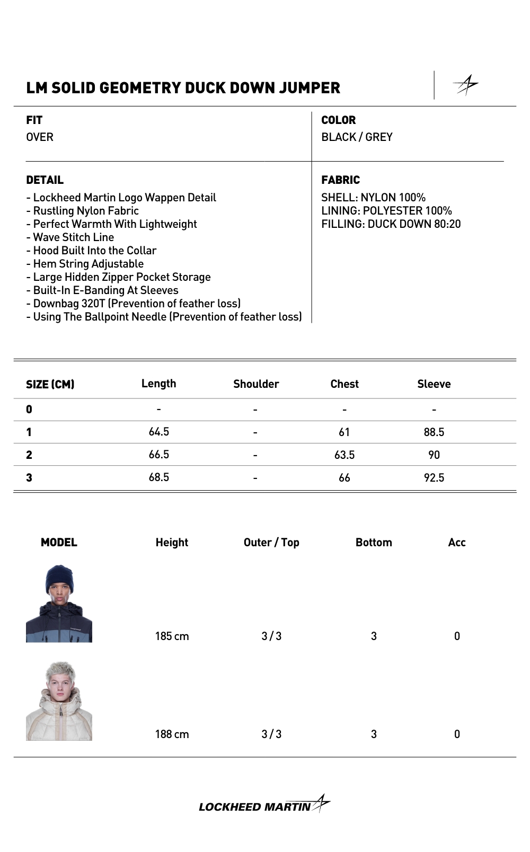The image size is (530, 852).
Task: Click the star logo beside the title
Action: point(466,85)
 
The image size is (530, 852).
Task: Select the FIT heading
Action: point(34,120)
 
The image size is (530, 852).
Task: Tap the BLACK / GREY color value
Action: point(357,137)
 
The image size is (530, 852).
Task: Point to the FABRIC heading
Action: point(340,180)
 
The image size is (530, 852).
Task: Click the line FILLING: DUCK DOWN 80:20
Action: point(391,224)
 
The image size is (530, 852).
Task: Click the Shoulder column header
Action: point(256,384)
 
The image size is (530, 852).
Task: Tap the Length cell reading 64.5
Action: point(159,432)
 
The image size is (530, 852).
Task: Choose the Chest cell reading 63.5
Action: point(344,455)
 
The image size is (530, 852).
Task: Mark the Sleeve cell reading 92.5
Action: point(434,478)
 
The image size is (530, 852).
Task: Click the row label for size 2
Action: point(29,455)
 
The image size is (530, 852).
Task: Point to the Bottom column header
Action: point(374,543)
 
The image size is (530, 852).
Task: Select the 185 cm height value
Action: point(172,636)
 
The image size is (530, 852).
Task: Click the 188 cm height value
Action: point(172,734)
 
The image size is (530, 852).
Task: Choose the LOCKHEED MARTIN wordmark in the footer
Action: point(255,807)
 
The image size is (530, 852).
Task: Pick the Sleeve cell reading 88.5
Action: point(434,432)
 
